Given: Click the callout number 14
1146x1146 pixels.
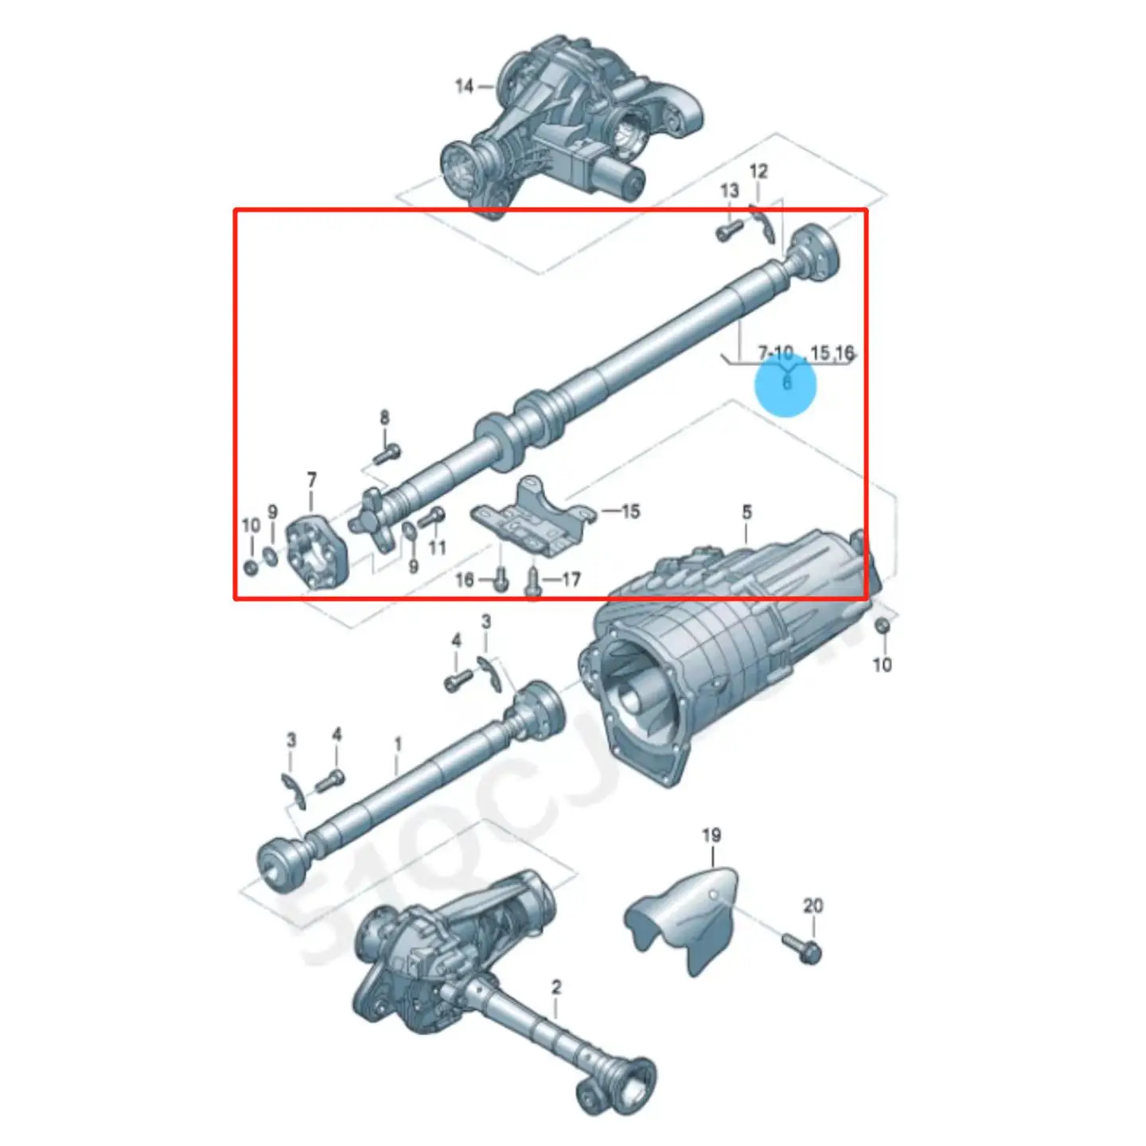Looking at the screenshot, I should pos(464,86).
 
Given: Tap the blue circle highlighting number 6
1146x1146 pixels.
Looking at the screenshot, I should pos(786,384).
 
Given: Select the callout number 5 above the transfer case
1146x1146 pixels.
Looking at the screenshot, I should pos(746,512).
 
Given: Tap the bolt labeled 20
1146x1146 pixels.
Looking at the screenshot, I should pos(802,947).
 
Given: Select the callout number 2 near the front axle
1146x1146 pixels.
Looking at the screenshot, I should pos(556,988).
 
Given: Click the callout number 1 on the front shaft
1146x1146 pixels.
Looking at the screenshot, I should pos(398,745).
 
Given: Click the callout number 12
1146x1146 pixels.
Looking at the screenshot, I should pos(758,171).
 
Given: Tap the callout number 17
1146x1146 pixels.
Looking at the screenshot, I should pos(571,579).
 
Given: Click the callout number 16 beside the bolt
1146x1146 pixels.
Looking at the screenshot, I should pos(465,579).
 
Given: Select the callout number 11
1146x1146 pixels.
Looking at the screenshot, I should pos(437,548).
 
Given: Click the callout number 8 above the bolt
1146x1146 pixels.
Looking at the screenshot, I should pos(384,417).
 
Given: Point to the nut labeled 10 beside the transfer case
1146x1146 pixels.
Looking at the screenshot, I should pos(882,626).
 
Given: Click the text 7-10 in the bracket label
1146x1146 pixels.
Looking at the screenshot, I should pos(775,352).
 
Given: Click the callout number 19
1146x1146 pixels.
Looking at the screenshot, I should pos(711,836).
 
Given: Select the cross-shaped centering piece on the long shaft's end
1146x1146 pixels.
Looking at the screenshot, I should pos(372,521).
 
